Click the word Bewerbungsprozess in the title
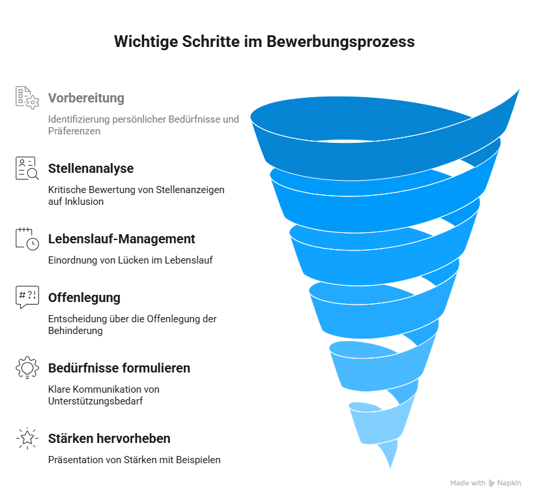pos(340,42)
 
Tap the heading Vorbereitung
pos(86,98)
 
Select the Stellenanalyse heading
pos(91,169)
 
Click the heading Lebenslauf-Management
pos(122,239)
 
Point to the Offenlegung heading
pos(84,298)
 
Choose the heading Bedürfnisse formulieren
pos(119,369)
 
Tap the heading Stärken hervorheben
pos(109,438)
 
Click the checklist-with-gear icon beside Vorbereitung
pos(27,98)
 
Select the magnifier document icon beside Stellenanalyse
pos(27,168)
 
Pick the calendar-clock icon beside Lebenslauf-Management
pos(27,239)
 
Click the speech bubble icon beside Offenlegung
pos(27,297)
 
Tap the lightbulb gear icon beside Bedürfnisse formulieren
pos(27,368)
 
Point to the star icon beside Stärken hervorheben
pos(27,438)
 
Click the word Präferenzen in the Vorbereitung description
pos(74,131)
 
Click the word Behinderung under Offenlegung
pos(76,331)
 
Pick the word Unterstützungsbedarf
pos(96,401)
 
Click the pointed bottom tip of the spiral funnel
pos(390,467)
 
